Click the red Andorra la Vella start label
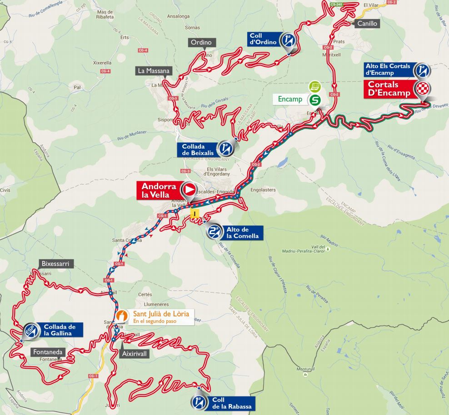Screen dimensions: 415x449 [x=159, y=190]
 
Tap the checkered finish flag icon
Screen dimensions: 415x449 [x=423, y=89]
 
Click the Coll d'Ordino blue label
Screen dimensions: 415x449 [x=263, y=40]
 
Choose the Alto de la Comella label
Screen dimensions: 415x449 [x=242, y=233]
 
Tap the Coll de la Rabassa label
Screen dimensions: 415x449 [x=231, y=403]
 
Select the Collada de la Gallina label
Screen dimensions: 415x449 [x=63, y=330]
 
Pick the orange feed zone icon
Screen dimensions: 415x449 [x=121, y=315]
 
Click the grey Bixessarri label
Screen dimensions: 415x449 [x=55, y=264]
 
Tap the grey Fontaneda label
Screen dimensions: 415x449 [x=48, y=352]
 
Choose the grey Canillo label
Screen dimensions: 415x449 [x=367, y=23]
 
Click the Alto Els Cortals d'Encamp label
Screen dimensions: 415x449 [x=388, y=70]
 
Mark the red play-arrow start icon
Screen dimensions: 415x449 [x=188, y=190]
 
